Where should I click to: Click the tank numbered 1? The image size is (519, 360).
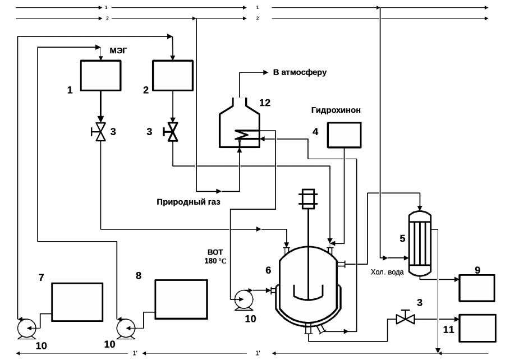click(100, 75)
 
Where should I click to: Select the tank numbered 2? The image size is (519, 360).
click(173, 75)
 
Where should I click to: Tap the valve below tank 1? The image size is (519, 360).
click(100, 132)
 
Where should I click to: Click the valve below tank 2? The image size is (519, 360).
click(172, 132)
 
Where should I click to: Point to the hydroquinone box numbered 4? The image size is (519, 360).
click(344, 135)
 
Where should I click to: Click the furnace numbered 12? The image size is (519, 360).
click(240, 126)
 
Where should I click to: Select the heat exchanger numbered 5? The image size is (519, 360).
click(420, 243)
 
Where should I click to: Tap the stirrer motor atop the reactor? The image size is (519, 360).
click(308, 199)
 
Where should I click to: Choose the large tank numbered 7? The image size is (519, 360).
click(77, 302)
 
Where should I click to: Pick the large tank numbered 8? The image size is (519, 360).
click(181, 299)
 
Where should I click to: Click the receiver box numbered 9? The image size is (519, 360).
click(477, 288)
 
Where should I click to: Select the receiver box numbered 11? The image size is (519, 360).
click(477, 328)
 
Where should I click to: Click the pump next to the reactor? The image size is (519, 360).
click(244, 299)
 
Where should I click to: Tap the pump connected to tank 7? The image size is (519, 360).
click(26, 327)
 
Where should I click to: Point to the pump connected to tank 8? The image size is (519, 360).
click(126, 328)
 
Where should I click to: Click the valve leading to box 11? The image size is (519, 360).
click(405, 319)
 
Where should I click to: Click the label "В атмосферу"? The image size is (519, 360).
click(300, 72)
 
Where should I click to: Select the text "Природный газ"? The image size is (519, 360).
click(189, 202)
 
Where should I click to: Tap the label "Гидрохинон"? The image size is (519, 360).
click(336, 110)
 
